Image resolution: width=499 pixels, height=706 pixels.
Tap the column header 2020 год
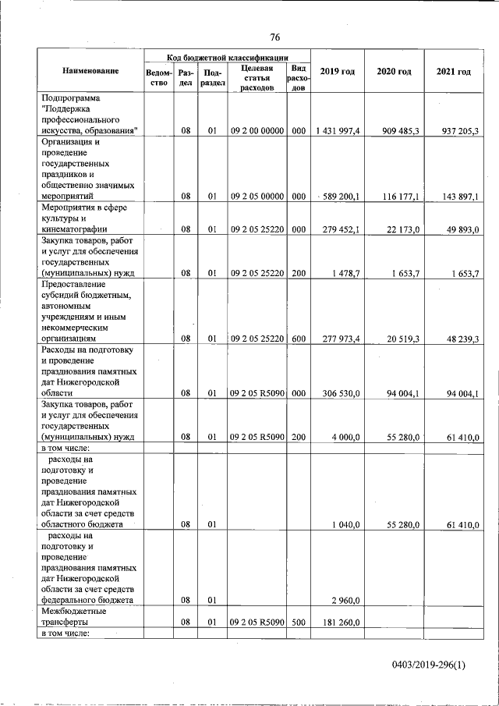(x=394, y=72)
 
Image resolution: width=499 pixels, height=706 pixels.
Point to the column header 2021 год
(x=453, y=72)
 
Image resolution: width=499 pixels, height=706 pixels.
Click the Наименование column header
(x=90, y=71)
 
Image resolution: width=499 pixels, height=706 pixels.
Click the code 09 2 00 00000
(x=257, y=131)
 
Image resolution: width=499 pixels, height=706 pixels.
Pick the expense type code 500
(x=298, y=623)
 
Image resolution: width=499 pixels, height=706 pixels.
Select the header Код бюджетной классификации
(x=227, y=57)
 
